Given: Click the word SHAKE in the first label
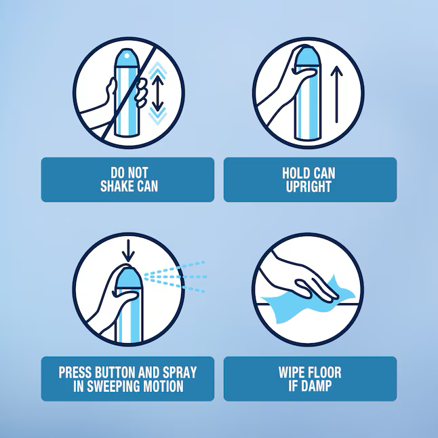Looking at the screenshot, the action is click(115, 186).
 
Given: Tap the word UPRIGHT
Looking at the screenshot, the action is click(308, 186).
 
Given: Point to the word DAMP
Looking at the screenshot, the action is click(317, 386).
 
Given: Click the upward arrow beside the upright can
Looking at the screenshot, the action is click(336, 94).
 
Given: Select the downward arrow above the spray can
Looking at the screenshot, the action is click(128, 251).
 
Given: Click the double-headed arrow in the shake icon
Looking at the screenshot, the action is click(158, 93).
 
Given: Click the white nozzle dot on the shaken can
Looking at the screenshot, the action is click(127, 56).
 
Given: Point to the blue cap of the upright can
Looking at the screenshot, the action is click(306, 57).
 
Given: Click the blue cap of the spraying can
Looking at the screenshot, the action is click(129, 279).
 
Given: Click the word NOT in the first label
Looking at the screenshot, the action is click(138, 173).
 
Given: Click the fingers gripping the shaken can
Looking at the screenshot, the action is click(142, 93).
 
